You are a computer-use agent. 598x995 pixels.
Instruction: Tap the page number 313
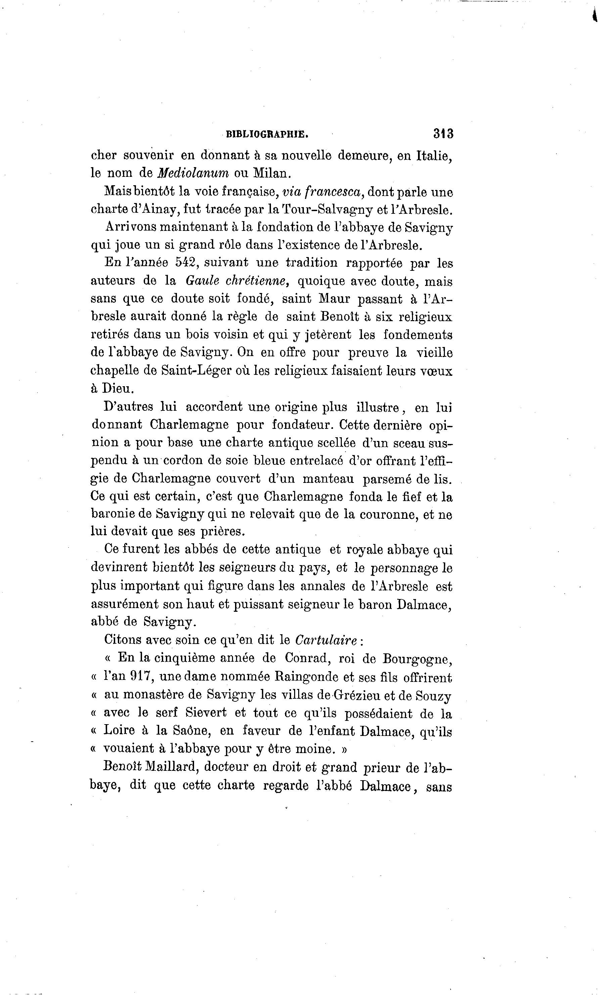(443, 133)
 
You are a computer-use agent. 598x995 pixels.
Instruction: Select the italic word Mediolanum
(193, 173)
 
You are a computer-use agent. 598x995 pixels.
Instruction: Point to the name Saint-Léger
(196, 370)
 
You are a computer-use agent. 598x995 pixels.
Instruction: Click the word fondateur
(301, 425)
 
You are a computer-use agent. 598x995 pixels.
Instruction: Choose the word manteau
(328, 479)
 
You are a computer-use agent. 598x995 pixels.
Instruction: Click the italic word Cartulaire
(326, 640)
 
